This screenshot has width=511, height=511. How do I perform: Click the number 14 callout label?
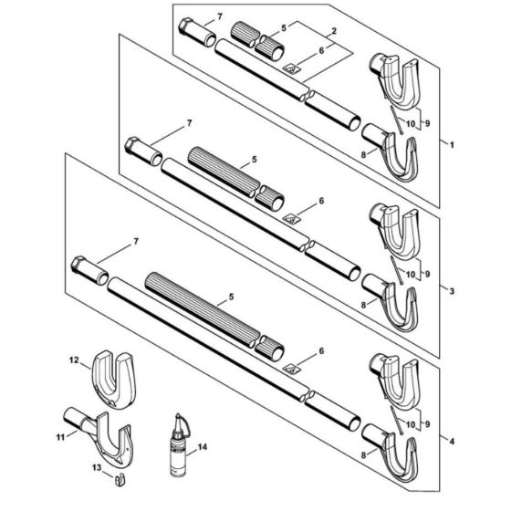coord(202,447)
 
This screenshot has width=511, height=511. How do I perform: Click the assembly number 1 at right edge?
coord(446,143)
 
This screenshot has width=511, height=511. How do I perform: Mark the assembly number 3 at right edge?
coord(446,289)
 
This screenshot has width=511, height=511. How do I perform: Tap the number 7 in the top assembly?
coord(218,17)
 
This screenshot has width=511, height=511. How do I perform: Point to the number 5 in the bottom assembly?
coord(231,297)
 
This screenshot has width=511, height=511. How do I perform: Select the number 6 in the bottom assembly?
coord(321,349)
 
